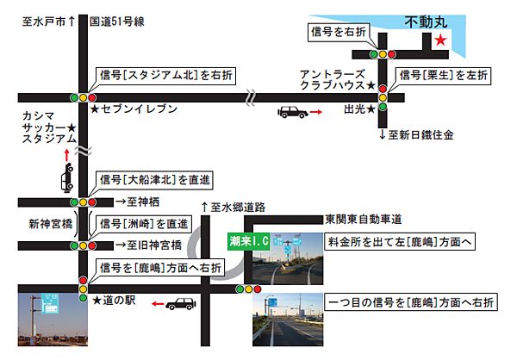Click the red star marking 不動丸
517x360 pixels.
(440, 40)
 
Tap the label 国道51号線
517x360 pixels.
(117, 22)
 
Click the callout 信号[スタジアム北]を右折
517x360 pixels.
(165, 76)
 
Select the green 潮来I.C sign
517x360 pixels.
(249, 241)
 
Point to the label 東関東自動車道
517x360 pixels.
(364, 220)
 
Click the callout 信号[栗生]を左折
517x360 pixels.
(444, 76)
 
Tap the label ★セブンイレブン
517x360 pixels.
(134, 109)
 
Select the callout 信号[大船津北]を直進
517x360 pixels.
(154, 180)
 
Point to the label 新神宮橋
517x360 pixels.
(51, 224)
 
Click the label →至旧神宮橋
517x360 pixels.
(149, 245)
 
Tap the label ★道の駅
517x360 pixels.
(114, 300)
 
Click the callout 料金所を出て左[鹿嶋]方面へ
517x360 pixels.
(400, 242)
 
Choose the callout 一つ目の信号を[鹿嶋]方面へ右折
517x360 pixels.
(411, 302)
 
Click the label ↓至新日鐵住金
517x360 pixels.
(416, 135)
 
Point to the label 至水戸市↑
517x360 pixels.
(49, 22)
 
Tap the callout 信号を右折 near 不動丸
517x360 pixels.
(339, 32)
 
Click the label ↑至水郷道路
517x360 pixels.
(234, 208)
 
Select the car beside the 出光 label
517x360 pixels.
(293, 112)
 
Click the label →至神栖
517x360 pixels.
(138, 202)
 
